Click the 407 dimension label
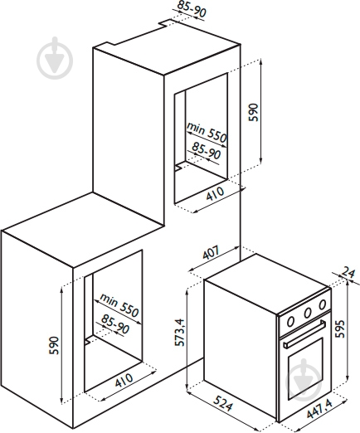[x=211, y=252]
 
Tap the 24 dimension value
[x=348, y=273]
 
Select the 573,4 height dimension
[x=179, y=333]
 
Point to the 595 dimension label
[x=339, y=328]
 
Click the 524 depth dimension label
[x=222, y=403]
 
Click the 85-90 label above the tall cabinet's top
[x=192, y=8]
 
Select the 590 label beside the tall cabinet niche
[x=253, y=112]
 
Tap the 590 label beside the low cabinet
[x=54, y=345]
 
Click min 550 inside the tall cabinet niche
[x=207, y=132]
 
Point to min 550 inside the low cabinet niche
[x=119, y=304]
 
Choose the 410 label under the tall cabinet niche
[x=216, y=194]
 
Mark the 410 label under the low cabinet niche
[x=124, y=381]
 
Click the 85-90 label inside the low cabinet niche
[x=115, y=324]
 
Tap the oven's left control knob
[x=290, y=321]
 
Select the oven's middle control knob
[x=307, y=313]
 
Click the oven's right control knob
[x=322, y=304]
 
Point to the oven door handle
[x=304, y=333]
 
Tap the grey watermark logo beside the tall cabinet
[x=55, y=58]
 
